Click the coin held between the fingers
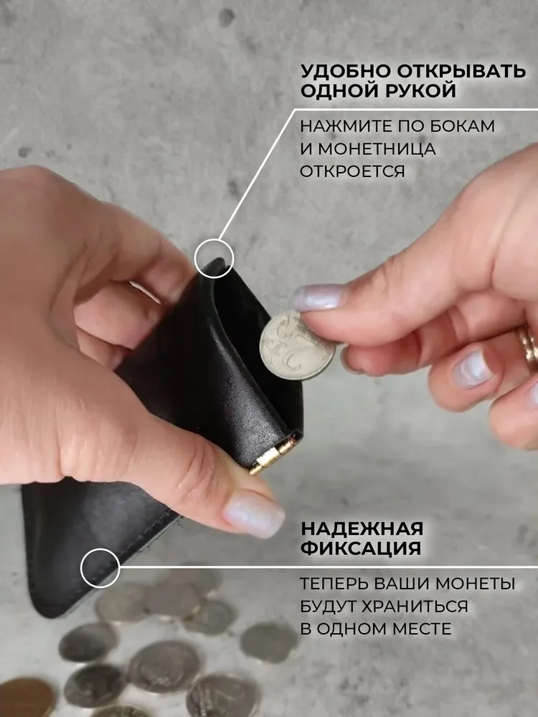[x=296, y=346]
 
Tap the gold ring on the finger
[x=529, y=348]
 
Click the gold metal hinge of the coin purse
[x=272, y=455]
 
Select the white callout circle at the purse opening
[x=214, y=258]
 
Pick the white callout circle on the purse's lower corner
[x=100, y=568]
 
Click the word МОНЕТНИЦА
[x=377, y=149]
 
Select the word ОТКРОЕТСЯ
[x=353, y=171]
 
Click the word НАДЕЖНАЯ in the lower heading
[x=362, y=528]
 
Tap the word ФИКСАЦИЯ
[x=361, y=548]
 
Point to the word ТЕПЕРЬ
[x=334, y=584]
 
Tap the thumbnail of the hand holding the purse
[x=253, y=514]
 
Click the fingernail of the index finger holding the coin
[x=318, y=298]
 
